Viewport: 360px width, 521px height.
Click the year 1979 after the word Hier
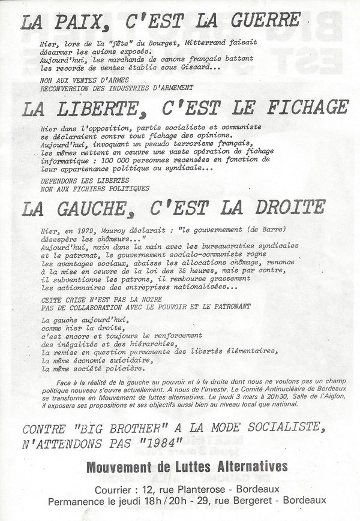(92, 228)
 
